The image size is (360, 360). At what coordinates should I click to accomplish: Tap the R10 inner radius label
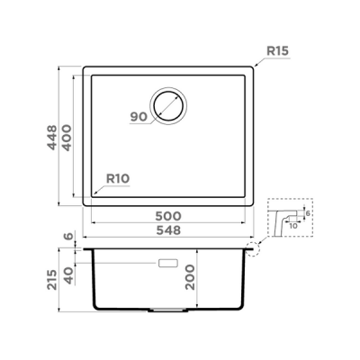[x=119, y=179]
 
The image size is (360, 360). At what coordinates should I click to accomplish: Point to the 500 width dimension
[x=169, y=216]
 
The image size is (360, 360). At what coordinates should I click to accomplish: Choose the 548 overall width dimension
[x=169, y=230]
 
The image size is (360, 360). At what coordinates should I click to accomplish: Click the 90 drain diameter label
[x=138, y=116]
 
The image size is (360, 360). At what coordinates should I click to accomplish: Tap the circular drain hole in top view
[x=168, y=105]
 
